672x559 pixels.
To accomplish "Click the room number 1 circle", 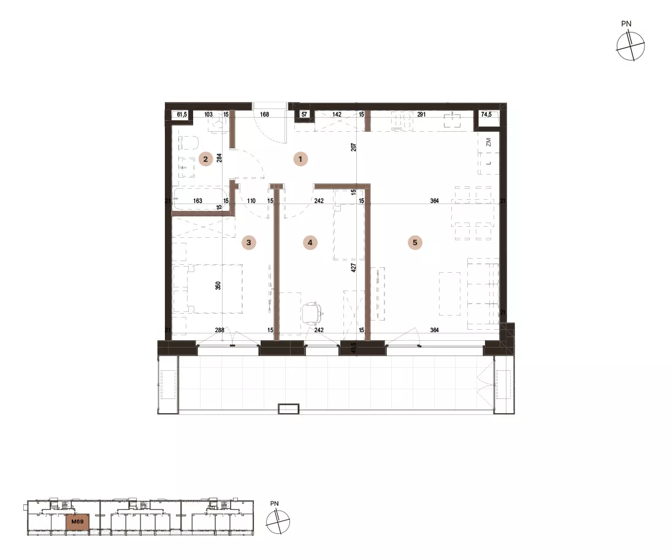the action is click(x=300, y=159).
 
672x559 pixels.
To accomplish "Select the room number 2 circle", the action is click(x=205, y=159).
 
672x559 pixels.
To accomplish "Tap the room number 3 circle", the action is click(x=248, y=243).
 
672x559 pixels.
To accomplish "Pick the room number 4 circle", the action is click(x=310, y=243).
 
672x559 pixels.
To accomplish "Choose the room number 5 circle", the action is click(x=415, y=243).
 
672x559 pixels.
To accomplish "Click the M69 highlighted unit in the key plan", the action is click(x=78, y=522).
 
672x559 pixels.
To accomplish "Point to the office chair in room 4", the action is click(x=313, y=313).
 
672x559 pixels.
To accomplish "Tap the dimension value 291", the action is click(x=421, y=115).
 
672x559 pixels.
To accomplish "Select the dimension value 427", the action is click(x=354, y=268).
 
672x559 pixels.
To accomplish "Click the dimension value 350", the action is click(x=218, y=285).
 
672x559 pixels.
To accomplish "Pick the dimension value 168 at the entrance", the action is click(x=264, y=115).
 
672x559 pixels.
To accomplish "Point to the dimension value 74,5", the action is click(x=486, y=115).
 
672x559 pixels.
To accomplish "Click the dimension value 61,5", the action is click(x=181, y=115).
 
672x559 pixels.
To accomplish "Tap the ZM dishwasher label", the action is click(x=489, y=143).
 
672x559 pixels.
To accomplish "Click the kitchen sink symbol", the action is click(x=452, y=120).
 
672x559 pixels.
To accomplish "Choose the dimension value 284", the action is click(x=219, y=158).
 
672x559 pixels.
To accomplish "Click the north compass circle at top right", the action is click(x=630, y=46).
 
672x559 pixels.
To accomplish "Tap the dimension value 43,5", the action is click(x=354, y=346).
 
